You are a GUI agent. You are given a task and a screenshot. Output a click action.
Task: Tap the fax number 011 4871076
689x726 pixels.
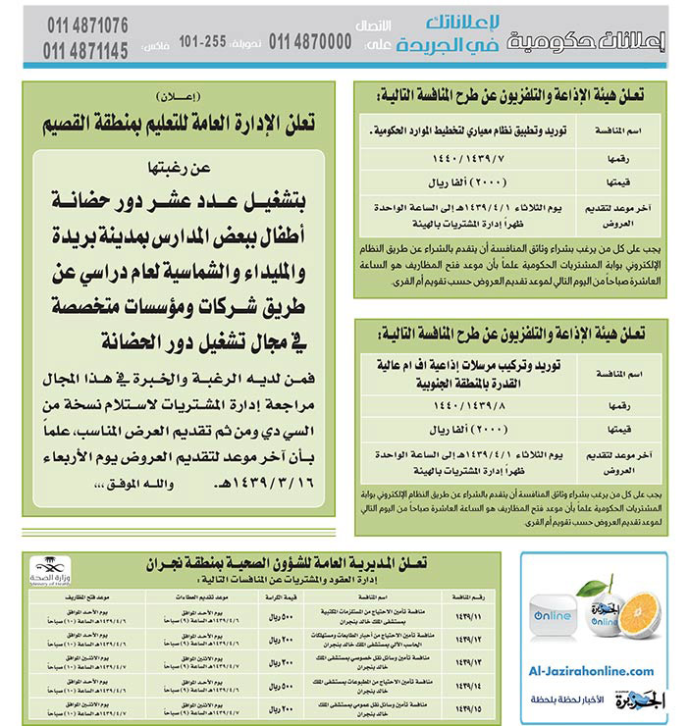(87, 24)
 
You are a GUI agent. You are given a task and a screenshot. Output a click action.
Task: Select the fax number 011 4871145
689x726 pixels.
(87, 49)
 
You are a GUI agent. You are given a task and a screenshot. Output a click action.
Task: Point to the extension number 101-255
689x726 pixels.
(204, 41)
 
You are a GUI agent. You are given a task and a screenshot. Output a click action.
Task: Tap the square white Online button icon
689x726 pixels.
(554, 617)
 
